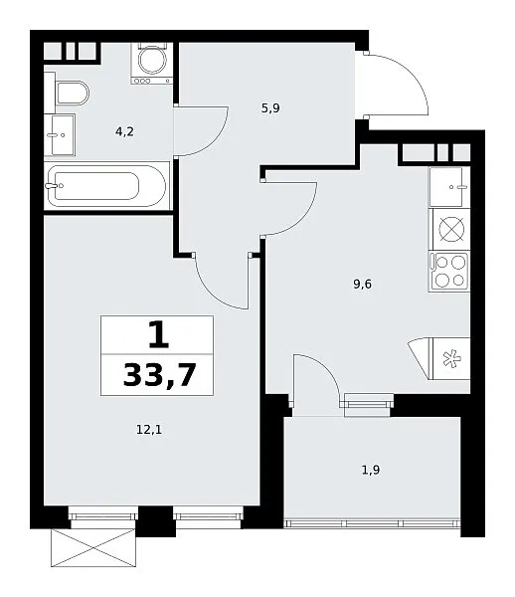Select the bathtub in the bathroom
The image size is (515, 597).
click(107, 186)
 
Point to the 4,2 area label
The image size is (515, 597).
click(124, 131)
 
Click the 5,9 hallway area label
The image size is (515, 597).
click(270, 108)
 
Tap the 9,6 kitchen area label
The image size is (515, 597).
click(362, 284)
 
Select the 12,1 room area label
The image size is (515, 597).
click(149, 430)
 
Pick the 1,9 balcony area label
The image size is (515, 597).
click(371, 471)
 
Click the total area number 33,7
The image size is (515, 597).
click(159, 375)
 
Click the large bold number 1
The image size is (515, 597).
click(158, 334)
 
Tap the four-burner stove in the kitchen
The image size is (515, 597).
click(449, 271)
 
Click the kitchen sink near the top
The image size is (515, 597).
click(449, 187)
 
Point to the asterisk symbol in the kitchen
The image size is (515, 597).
click(452, 358)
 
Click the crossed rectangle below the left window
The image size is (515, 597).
click(93, 548)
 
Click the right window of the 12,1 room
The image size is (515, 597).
click(208, 516)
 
